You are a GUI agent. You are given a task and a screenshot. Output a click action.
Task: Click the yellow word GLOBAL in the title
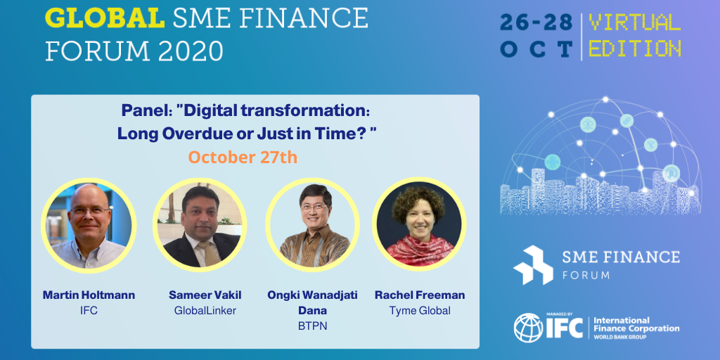(105, 18)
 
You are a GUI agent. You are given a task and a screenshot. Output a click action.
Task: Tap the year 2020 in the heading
(191, 51)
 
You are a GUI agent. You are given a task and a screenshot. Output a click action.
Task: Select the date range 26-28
(536, 22)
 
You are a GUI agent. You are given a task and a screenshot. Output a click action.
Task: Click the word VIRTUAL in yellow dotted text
(635, 22)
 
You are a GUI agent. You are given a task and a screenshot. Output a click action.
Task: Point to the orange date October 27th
(243, 157)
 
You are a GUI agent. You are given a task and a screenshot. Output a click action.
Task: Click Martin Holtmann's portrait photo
(89, 226)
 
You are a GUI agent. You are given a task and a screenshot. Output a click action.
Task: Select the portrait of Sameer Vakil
(200, 226)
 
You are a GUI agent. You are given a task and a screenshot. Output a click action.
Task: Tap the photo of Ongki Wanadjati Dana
(312, 226)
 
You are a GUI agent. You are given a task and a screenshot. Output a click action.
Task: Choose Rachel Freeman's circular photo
(419, 224)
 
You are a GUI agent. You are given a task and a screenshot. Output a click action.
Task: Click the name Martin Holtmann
(89, 295)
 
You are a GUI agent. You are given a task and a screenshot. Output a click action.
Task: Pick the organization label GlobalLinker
(205, 310)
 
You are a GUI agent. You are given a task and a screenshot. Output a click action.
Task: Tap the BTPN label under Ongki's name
(312, 326)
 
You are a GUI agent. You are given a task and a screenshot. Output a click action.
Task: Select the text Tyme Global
(420, 310)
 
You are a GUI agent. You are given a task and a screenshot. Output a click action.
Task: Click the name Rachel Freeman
(420, 295)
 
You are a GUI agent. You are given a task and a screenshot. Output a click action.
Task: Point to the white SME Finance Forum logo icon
(533, 265)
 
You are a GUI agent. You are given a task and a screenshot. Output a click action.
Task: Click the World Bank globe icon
(528, 328)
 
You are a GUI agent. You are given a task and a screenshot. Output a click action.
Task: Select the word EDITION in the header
(635, 49)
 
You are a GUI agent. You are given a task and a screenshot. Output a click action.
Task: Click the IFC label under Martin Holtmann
(89, 310)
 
